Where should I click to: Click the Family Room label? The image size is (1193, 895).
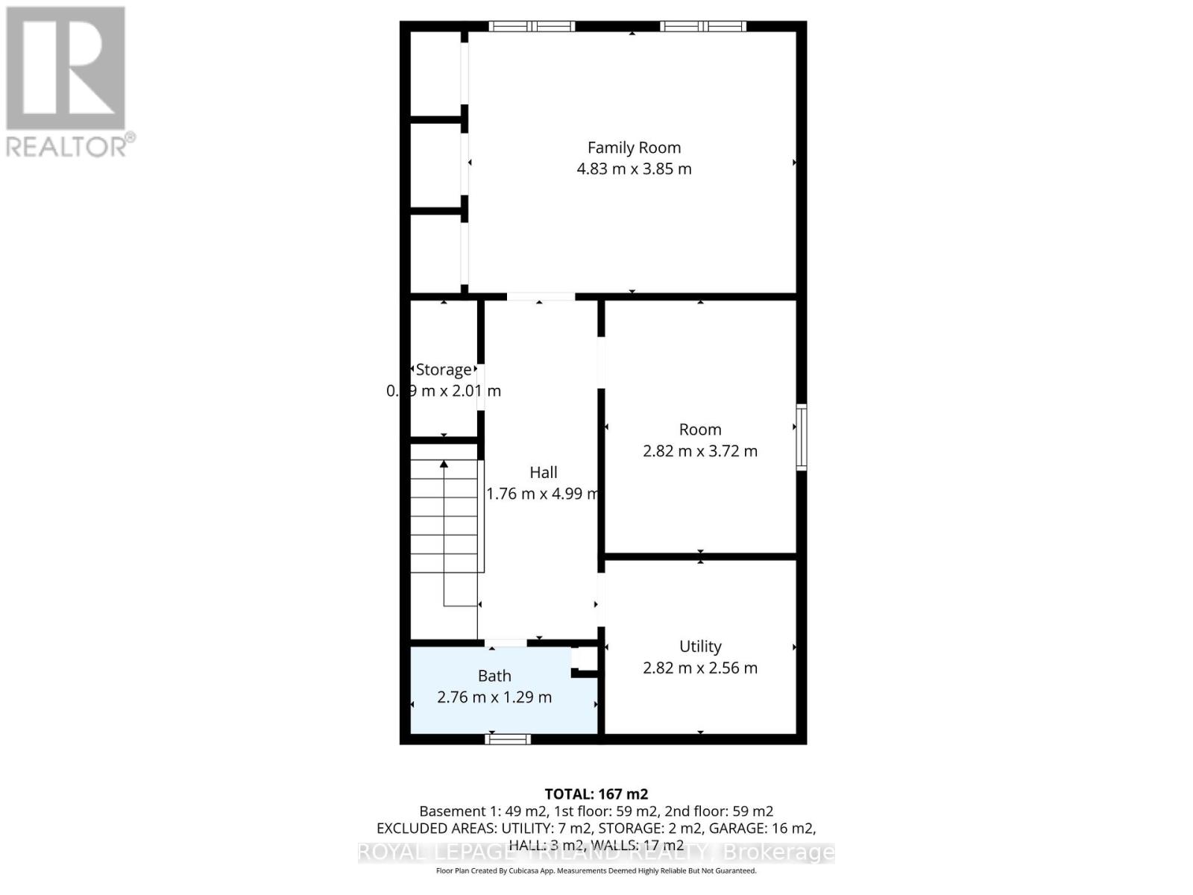634,148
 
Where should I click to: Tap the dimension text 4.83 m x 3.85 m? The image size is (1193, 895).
634,169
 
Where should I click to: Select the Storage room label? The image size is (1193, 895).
444,369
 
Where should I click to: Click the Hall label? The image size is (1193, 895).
544,472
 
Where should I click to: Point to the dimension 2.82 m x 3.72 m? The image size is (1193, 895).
700,451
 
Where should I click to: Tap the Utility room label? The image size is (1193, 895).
700,646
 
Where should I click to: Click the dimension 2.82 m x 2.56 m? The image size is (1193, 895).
700,668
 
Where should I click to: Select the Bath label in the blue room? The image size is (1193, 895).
494,676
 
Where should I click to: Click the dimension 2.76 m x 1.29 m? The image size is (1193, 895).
494,697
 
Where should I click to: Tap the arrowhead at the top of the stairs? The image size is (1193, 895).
444,464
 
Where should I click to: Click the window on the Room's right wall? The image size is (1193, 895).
802,437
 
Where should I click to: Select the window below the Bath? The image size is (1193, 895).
508,739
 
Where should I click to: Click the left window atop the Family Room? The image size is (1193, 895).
532,26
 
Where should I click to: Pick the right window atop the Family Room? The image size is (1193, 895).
703,26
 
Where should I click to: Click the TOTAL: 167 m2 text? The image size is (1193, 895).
596,794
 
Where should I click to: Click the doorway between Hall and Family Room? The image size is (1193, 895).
541,297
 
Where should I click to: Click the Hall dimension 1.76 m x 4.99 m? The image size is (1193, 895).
543,494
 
